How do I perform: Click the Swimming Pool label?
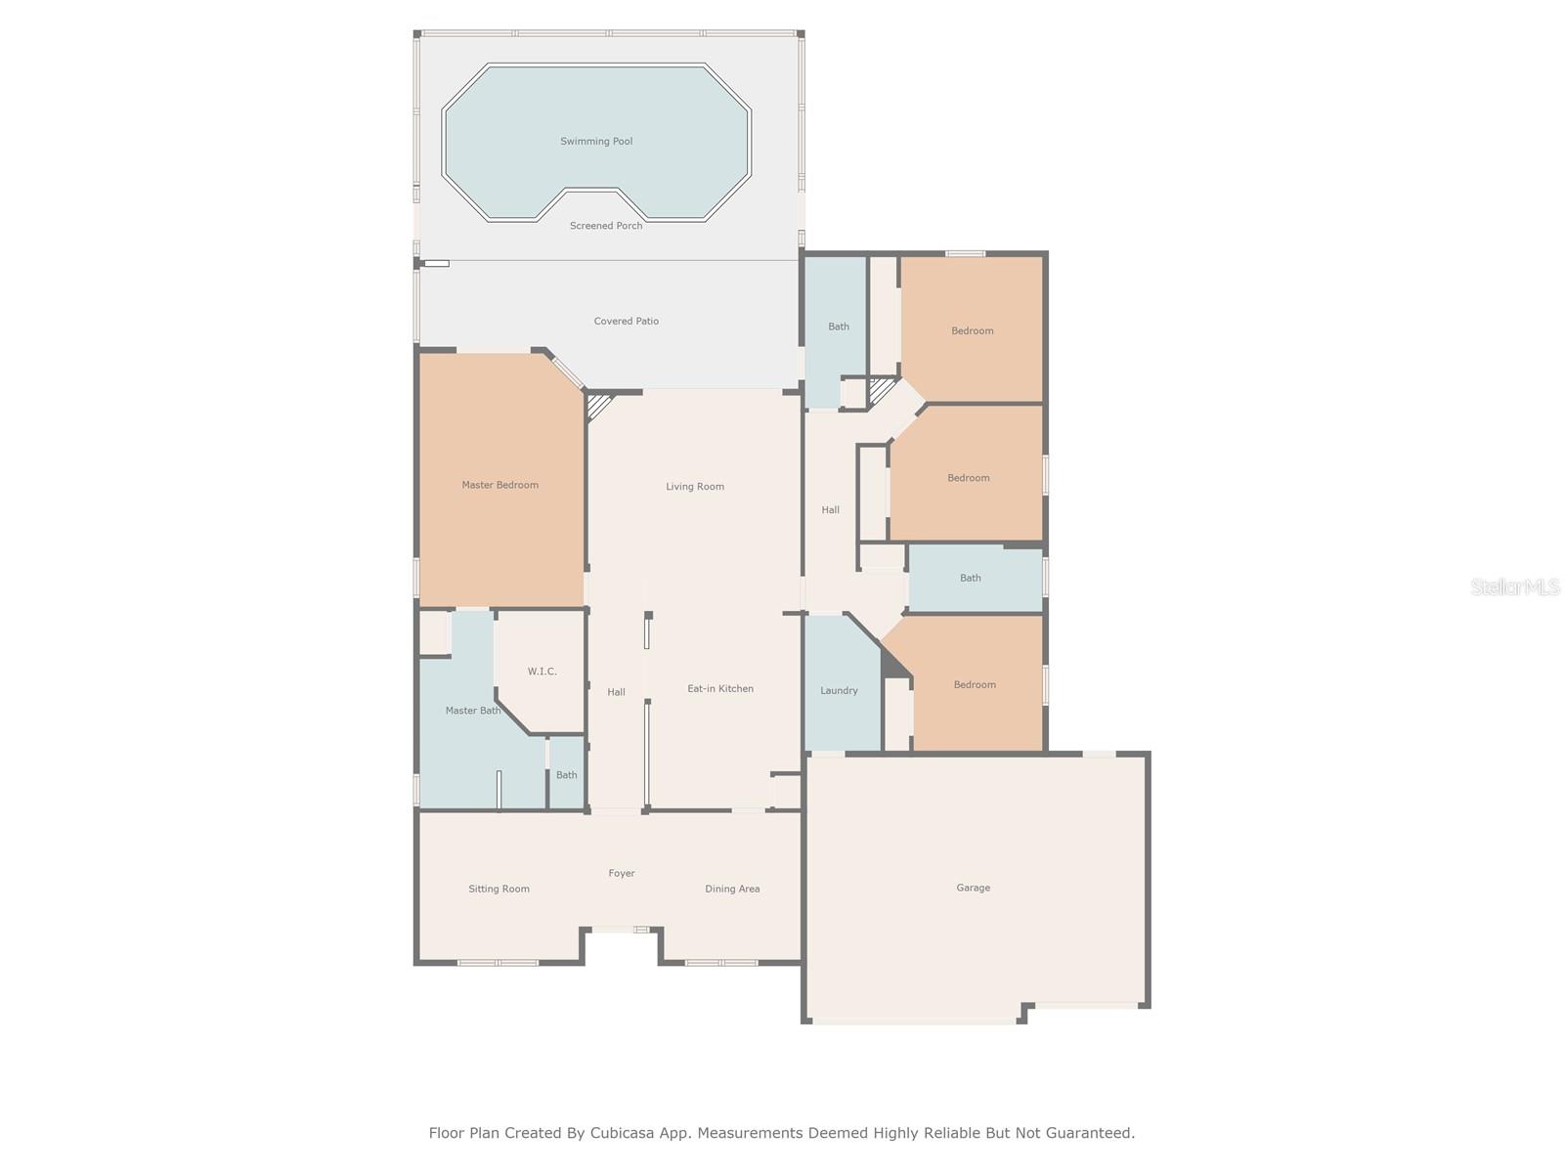pyautogui.click(x=595, y=141)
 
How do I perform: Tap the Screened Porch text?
pyautogui.click(x=606, y=226)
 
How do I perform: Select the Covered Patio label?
pyautogui.click(x=626, y=322)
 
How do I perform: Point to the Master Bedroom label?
pyautogui.click(x=500, y=485)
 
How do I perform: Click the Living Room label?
pyautogui.click(x=695, y=487)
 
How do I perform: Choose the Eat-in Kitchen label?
pyautogui.click(x=719, y=689)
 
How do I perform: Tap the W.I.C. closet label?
pyautogui.click(x=542, y=672)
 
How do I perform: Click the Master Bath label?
pyautogui.click(x=472, y=710)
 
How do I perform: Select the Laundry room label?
pyautogui.click(x=839, y=690)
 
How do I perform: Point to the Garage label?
pyautogui.click(x=973, y=888)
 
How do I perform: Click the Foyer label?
pyautogui.click(x=622, y=873)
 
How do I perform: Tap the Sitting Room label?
pyautogui.click(x=499, y=889)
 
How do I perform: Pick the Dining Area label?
pyautogui.click(x=732, y=889)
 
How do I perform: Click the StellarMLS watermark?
pyautogui.click(x=1515, y=586)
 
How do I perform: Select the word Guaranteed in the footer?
pyautogui.click(x=1095, y=1133)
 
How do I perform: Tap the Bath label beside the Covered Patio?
pyautogui.click(x=838, y=326)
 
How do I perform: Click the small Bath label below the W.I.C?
pyautogui.click(x=566, y=775)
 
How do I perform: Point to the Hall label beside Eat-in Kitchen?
pyautogui.click(x=616, y=692)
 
